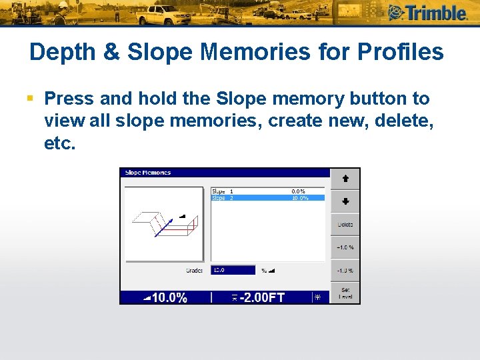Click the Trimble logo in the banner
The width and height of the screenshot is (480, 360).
click(429, 13)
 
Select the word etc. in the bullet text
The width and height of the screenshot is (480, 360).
click(60, 143)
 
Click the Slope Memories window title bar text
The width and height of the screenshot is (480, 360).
click(148, 173)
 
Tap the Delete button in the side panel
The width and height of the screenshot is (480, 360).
click(345, 225)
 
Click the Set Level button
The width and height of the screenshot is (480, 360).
click(345, 293)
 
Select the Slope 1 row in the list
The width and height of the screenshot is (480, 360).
click(267, 191)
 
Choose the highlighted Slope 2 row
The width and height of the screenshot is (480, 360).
click(267, 198)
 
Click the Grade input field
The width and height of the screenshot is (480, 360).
click(233, 270)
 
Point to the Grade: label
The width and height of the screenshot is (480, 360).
click(194, 271)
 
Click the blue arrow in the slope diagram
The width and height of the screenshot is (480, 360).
click(164, 227)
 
